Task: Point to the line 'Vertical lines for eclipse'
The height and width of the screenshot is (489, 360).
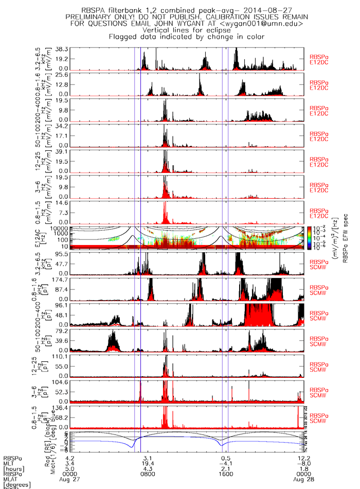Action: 185,30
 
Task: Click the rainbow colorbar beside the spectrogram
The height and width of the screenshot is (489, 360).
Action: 310,238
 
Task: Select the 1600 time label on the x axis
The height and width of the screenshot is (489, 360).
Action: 225,474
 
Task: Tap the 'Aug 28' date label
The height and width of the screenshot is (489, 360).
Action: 302,480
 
